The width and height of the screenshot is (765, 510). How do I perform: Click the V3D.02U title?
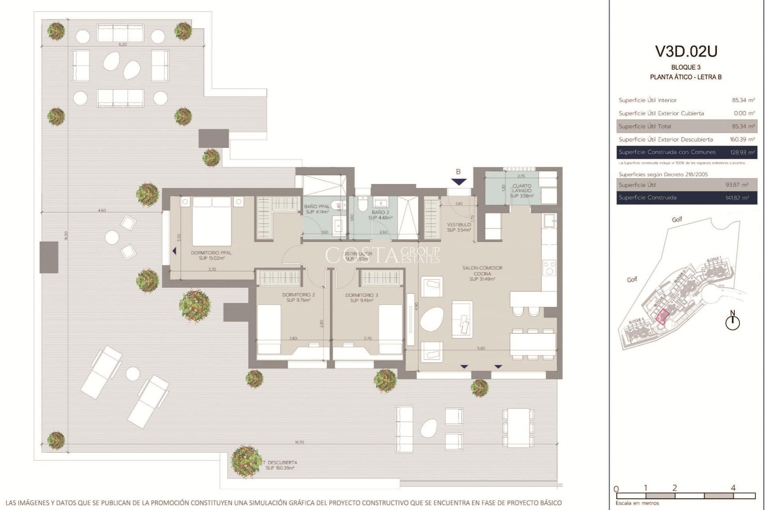coord(686,51)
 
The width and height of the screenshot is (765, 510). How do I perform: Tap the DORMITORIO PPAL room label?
coord(212,255)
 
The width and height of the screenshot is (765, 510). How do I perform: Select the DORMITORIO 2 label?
coord(298,297)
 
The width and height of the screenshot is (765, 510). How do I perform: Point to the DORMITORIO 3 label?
coord(361,298)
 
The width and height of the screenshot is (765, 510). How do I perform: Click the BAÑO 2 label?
coord(380,215)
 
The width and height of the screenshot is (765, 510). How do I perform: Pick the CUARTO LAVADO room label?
coord(522,190)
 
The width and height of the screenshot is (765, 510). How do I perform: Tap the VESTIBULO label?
coord(459,227)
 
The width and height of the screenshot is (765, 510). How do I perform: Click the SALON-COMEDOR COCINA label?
coord(482,273)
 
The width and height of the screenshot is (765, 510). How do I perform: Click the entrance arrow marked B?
coord(459,181)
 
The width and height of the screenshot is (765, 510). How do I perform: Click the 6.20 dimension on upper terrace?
coord(123,45)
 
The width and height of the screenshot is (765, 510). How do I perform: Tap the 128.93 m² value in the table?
coord(742,152)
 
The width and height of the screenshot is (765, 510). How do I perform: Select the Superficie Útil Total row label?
coord(645,126)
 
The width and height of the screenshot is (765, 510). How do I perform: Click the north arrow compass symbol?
coord(732,322)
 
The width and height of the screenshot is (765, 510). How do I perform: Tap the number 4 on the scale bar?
coord(733,488)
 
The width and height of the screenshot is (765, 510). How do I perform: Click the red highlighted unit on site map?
coord(662,316)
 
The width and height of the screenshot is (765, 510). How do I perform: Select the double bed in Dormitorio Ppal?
coord(212,221)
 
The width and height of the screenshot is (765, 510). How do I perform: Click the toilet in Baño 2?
coord(363,205)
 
